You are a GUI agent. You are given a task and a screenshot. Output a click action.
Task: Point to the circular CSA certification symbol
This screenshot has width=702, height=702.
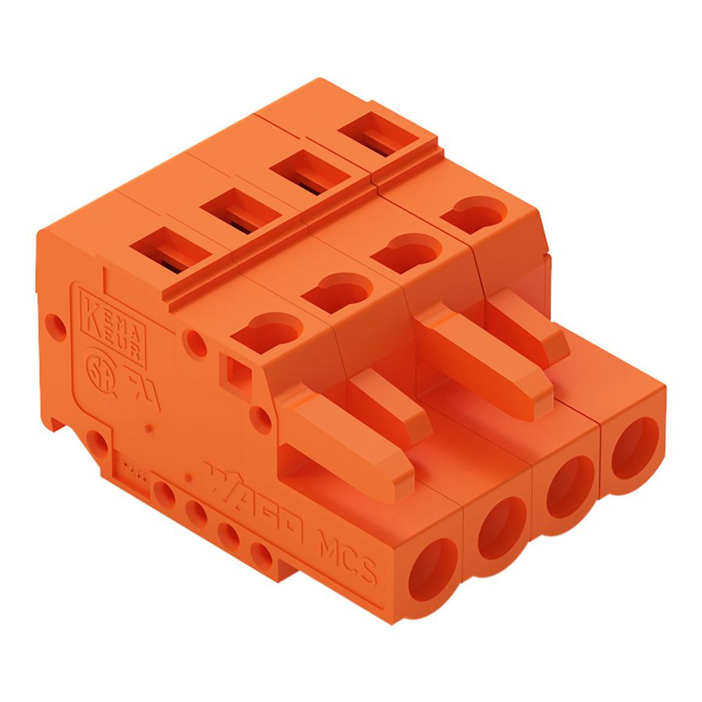point(97,369)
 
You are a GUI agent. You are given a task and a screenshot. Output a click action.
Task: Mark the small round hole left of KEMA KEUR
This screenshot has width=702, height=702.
point(52,322)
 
